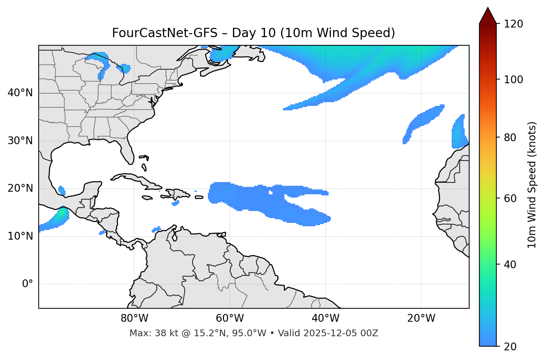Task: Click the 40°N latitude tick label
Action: pyautogui.click(x=20, y=93)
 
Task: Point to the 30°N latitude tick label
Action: pyautogui.click(x=20, y=141)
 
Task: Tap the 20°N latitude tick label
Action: pyautogui.click(x=20, y=188)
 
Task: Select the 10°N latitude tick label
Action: pyautogui.click(x=20, y=236)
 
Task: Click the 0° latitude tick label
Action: pyautogui.click(x=28, y=284)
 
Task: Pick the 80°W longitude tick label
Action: pyautogui.click(x=134, y=318)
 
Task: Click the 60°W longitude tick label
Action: pyautogui.click(x=230, y=318)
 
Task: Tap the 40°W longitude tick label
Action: pyautogui.click(x=326, y=318)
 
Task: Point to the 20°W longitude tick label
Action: pyautogui.click(x=421, y=318)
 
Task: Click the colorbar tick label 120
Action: pyautogui.click(x=513, y=24)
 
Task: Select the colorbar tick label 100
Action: pyautogui.click(x=513, y=80)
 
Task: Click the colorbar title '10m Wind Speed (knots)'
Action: pyautogui.click(x=532, y=185)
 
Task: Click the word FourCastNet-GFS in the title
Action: pyautogui.click(x=165, y=33)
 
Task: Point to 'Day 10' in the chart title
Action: pyautogui.click(x=254, y=33)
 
